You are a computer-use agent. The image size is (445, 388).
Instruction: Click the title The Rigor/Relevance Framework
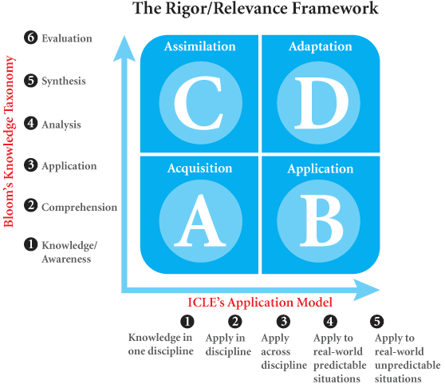(255, 9)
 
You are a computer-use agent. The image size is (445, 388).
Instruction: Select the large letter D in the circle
(321, 103)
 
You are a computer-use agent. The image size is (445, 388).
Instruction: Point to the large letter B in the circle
(321, 220)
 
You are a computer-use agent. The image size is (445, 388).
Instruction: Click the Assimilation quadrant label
(200, 46)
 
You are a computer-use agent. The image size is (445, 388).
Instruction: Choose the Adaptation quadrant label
(321, 46)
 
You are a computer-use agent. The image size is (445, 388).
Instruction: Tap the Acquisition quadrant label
(200, 168)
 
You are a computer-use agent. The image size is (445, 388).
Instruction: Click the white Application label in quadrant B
(321, 169)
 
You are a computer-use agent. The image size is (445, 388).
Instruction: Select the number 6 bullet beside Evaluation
(30, 38)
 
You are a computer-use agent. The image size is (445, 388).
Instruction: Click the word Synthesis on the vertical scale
(64, 81)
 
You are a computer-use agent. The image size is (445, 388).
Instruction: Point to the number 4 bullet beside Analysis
(30, 123)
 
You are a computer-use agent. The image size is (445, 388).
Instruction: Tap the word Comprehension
(80, 208)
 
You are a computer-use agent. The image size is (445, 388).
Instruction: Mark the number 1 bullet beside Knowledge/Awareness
(30, 244)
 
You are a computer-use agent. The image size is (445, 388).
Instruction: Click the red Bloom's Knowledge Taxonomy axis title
(9, 141)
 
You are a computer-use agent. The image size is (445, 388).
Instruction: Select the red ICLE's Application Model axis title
(260, 303)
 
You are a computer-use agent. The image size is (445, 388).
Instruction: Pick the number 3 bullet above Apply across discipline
(283, 321)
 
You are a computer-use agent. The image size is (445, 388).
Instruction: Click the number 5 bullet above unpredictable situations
(377, 321)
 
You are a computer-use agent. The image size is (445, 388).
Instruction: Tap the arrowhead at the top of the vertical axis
(124, 48)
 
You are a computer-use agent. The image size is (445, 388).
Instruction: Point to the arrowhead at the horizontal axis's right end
(367, 290)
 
